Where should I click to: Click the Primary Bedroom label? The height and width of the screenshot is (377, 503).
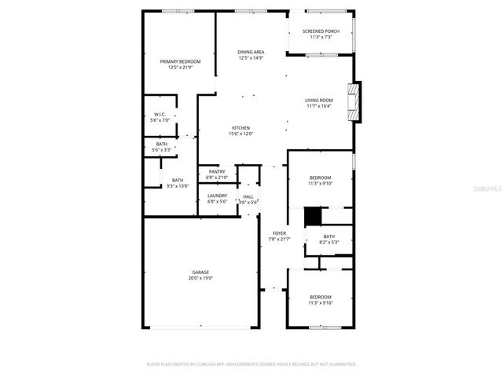180,61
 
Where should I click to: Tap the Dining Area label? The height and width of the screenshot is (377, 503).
251,52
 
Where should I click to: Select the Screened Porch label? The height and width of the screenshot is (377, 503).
321,31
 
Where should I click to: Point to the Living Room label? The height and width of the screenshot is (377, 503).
319,100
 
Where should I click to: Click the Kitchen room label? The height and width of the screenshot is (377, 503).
240,128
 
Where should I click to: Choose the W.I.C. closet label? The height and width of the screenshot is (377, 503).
160,115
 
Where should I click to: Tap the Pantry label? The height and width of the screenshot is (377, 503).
217,172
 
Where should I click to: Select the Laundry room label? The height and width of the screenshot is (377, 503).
217,196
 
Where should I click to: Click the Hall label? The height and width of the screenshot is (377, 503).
248,196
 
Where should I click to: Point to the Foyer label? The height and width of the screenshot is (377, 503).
279,233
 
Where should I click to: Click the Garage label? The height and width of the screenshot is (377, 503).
200,272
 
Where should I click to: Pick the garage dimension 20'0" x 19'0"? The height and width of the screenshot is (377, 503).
200,278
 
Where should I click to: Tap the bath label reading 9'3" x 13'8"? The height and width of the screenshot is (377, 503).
178,183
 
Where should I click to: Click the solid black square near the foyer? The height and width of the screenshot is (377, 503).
314,215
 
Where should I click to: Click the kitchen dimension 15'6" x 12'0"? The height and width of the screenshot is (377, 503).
240,134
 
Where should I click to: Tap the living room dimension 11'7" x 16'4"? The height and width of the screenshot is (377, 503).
319,106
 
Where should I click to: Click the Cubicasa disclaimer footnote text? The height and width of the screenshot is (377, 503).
251,364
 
